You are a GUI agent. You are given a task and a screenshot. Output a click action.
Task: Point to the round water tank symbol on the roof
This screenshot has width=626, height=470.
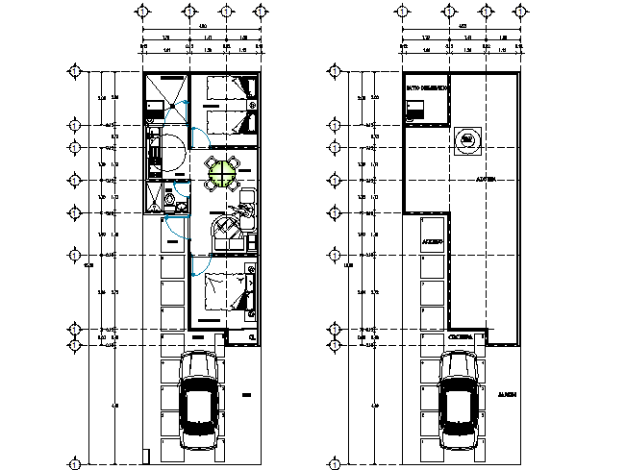pyautogui.click(x=466, y=140)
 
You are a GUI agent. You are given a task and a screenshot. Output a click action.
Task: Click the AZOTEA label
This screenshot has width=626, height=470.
pyautogui.click(x=485, y=180)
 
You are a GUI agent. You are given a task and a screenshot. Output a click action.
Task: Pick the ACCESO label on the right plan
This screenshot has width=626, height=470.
pyautogui.click(x=431, y=242)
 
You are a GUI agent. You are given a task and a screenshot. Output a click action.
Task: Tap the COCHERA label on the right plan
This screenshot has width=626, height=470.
pyautogui.click(x=460, y=337)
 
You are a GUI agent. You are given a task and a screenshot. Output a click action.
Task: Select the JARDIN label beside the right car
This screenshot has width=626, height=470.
pyautogui.click(x=507, y=394)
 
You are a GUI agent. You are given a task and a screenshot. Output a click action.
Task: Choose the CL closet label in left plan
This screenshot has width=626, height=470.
pyautogui.click(x=251, y=338)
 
